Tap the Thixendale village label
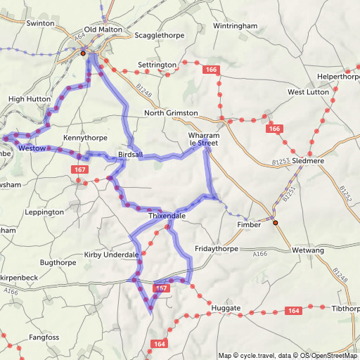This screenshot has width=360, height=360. click(x=167, y=216)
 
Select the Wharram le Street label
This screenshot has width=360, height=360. click(x=204, y=139)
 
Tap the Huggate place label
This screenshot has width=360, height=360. click(x=226, y=308)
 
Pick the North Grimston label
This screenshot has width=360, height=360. click(x=171, y=113)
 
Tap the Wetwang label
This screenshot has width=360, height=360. click(x=308, y=249)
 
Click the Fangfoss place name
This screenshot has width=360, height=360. click(x=45, y=338)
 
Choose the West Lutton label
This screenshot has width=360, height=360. click(x=308, y=92)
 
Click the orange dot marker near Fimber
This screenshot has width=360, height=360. click(x=276, y=223)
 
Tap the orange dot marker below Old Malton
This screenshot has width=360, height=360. click(x=83, y=53)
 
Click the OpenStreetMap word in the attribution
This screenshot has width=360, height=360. click(x=333, y=355)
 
